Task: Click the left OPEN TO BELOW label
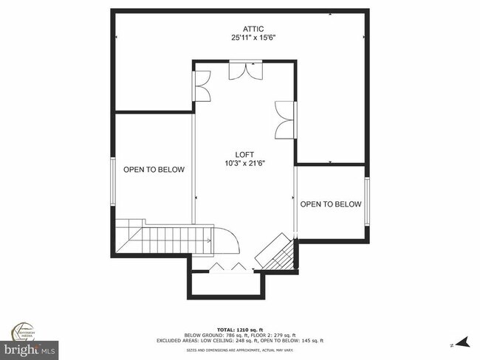click(x=154, y=170)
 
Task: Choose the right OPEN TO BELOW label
click(x=330, y=204)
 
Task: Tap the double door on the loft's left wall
click(x=202, y=86)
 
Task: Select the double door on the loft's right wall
click(x=284, y=120)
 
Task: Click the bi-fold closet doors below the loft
click(x=224, y=267)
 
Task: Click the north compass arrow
click(x=462, y=342)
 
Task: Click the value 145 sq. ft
click(x=308, y=341)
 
